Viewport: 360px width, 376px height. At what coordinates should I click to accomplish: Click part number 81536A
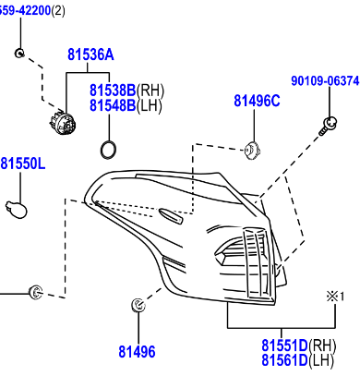(90, 55)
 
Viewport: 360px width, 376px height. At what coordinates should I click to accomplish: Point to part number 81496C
(256, 101)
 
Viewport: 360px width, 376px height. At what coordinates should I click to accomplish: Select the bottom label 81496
(137, 351)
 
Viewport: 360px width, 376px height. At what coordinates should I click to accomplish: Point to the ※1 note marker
(332, 297)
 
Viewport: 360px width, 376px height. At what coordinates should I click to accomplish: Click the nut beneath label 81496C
(251, 148)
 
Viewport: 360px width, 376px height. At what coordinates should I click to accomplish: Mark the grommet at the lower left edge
(35, 293)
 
